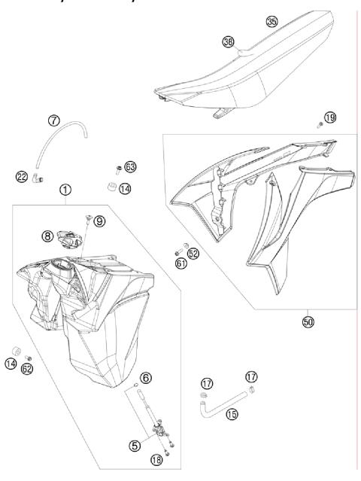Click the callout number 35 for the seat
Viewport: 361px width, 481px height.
tap(272, 21)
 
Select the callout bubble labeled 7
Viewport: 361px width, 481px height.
tap(53, 120)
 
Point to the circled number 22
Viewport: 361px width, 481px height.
tap(21, 177)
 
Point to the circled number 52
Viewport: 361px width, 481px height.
tap(193, 254)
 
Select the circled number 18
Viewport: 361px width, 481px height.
tap(156, 460)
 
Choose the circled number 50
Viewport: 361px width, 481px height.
tap(308, 321)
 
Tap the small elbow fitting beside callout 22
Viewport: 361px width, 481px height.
tap(38, 177)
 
